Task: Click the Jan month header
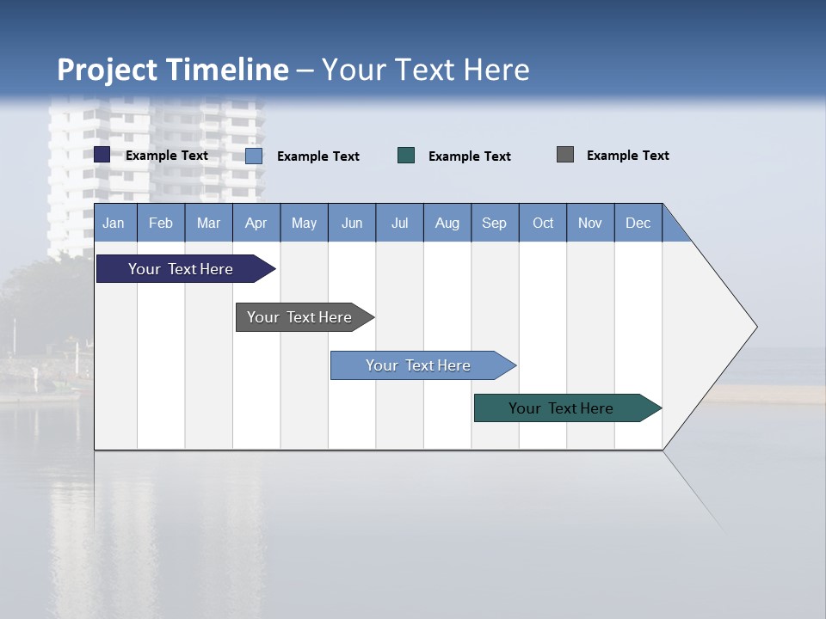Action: (114, 223)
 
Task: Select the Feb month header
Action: (161, 223)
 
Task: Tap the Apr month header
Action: (256, 223)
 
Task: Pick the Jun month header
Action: (352, 223)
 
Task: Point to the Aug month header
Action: (447, 223)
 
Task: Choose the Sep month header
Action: (495, 223)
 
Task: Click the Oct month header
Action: (543, 223)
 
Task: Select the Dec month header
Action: (638, 223)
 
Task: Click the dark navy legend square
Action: (102, 155)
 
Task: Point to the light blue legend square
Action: (254, 156)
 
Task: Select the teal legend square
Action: (406, 155)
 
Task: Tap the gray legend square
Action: (565, 155)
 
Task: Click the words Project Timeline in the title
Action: (173, 70)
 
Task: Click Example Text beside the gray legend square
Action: (627, 156)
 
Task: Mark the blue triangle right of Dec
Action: (673, 230)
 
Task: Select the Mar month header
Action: (209, 223)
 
